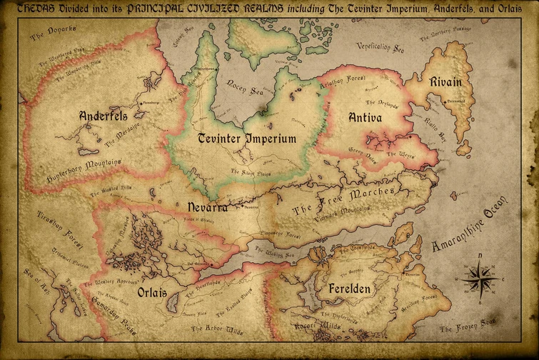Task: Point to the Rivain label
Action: pos(445,82)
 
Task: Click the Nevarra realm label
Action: pos(207,207)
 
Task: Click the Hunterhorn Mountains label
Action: pos(83,167)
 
